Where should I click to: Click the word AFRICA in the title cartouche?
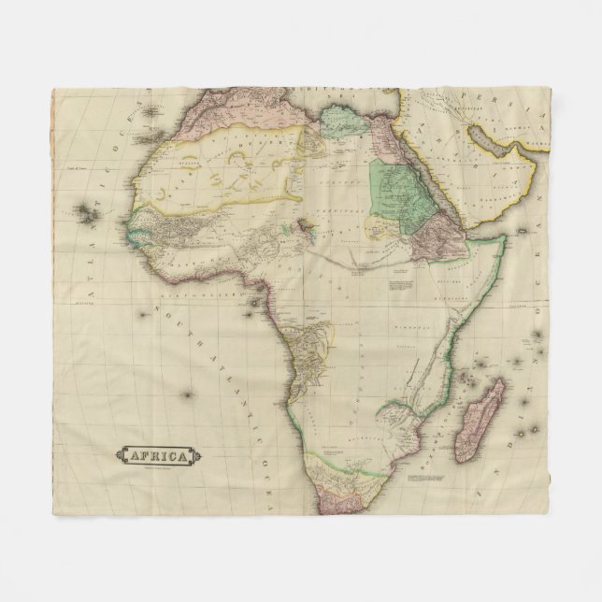point(156,456)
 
